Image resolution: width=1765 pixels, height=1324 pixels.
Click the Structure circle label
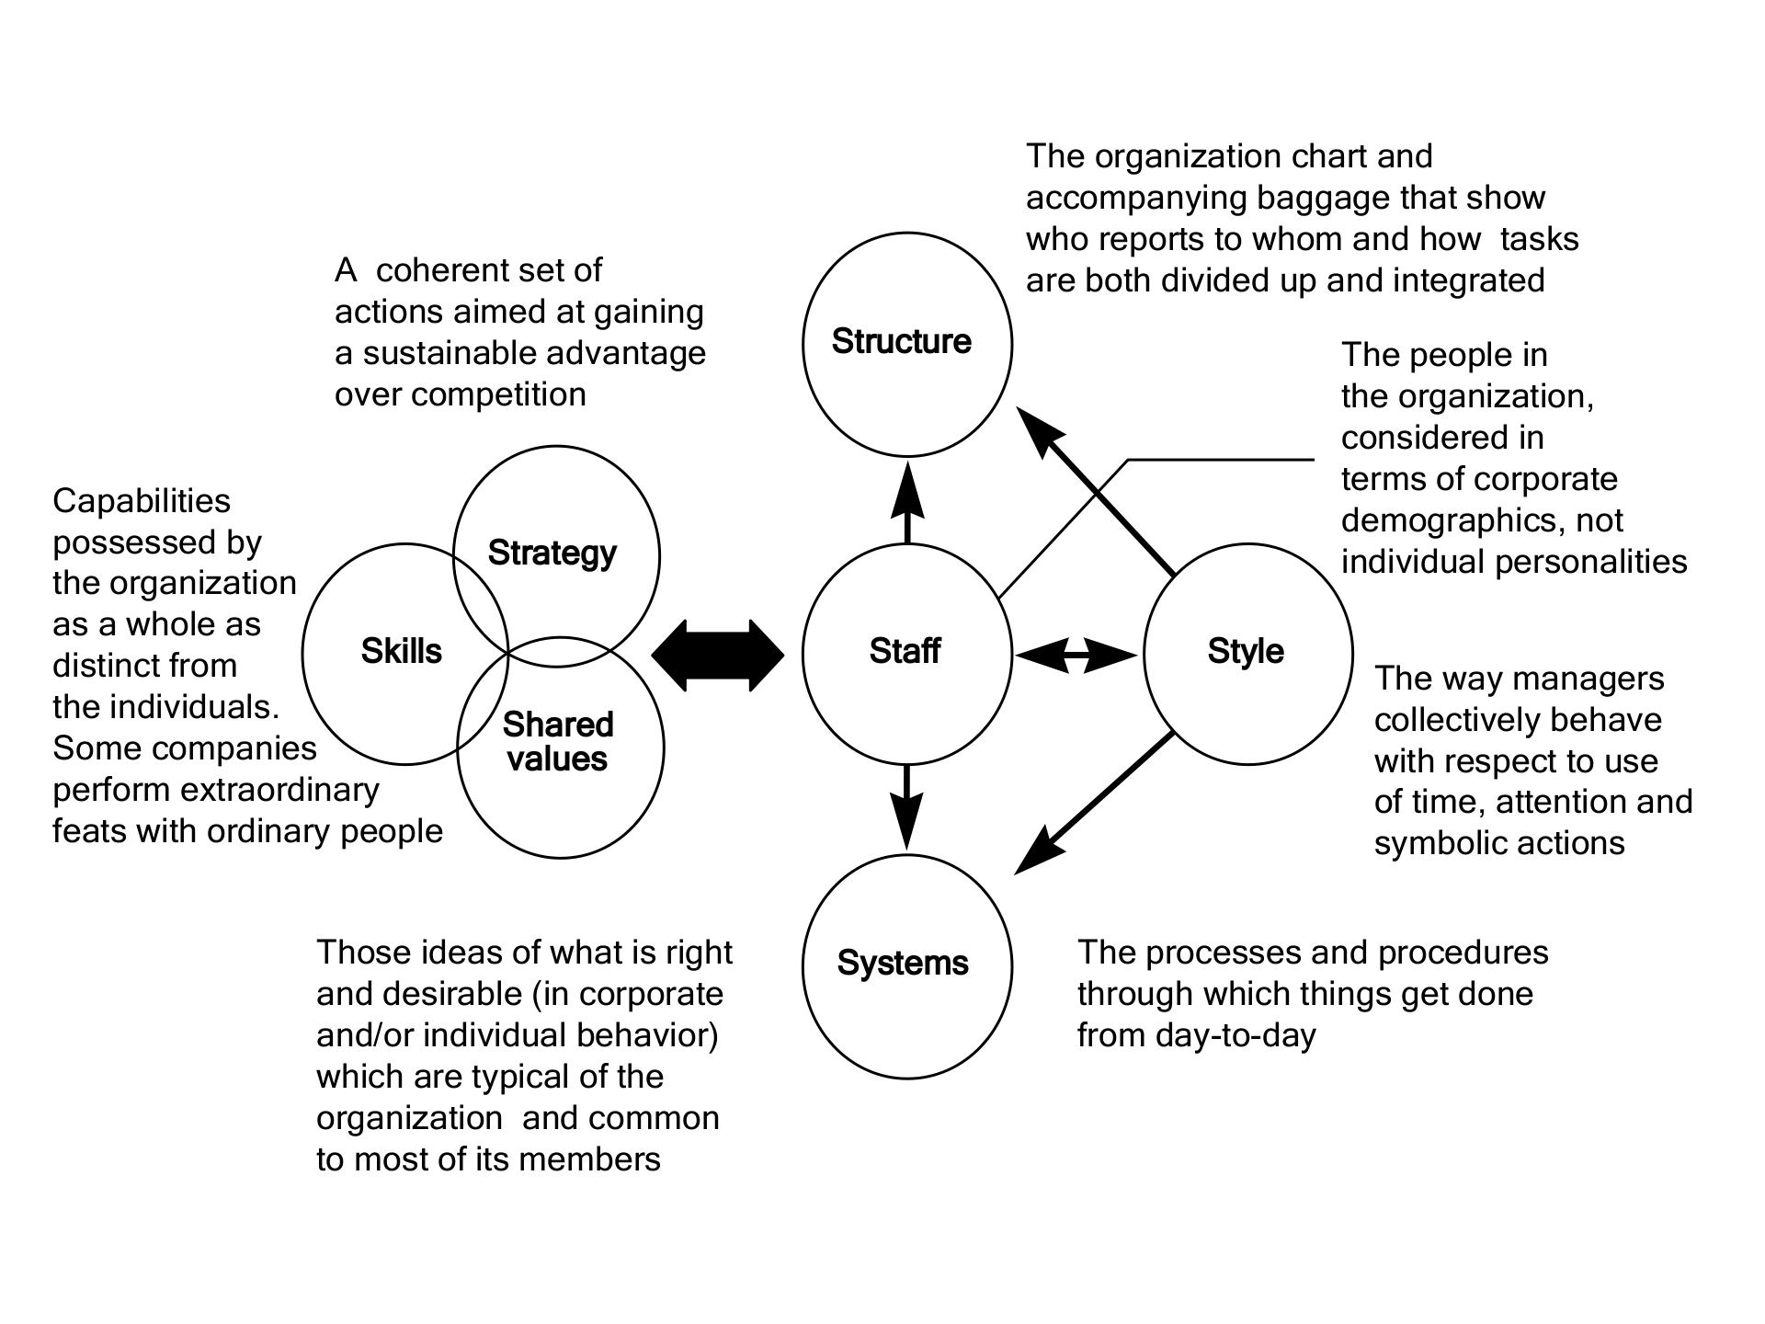(901, 342)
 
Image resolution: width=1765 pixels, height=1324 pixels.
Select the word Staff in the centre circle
(905, 652)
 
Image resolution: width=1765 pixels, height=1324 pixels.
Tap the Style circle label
(1246, 652)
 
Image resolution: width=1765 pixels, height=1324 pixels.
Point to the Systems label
(903, 964)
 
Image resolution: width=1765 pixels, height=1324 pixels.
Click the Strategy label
(552, 554)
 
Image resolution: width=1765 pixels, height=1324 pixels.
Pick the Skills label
(401, 652)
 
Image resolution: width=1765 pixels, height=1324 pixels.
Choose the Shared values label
(557, 742)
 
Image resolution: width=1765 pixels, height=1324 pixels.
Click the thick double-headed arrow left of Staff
(718, 656)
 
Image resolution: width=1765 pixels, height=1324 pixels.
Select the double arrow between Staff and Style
(1076, 656)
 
